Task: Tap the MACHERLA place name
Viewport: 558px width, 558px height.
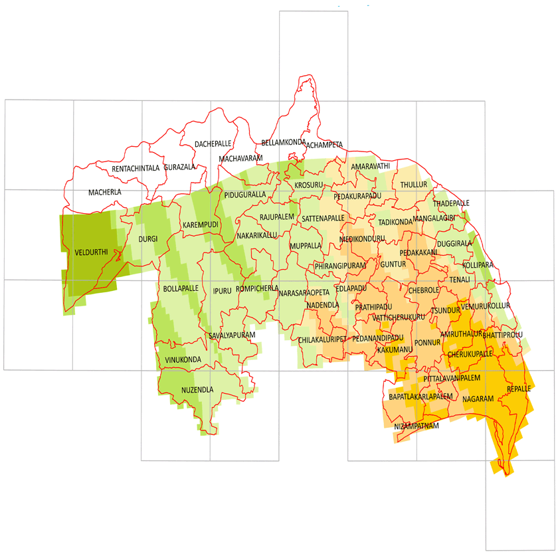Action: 105,193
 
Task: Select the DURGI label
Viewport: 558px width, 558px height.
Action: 147,238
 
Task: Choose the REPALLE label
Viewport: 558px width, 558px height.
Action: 519,389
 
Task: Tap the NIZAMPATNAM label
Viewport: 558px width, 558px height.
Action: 417,426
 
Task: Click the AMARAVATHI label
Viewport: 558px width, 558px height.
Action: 371,165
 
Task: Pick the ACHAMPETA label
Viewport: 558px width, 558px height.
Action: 324,144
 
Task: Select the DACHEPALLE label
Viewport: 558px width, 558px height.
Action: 213,143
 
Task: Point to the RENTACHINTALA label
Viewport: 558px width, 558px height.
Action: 136,168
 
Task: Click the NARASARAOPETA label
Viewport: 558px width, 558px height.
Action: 304,293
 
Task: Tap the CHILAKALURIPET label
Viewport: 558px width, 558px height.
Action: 323,339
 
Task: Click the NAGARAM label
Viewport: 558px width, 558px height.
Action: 478,399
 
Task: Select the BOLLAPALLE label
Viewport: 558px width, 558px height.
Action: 181,289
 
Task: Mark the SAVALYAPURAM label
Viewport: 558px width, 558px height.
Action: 232,335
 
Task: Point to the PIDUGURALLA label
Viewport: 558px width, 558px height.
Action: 245,195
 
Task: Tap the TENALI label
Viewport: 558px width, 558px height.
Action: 459,280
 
